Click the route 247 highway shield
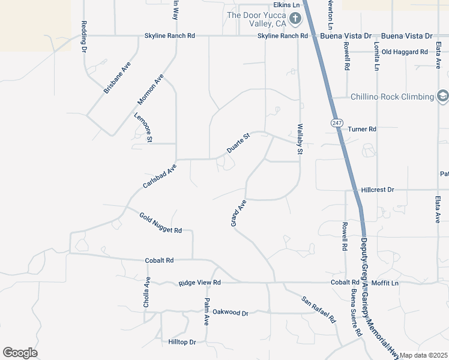(336, 122)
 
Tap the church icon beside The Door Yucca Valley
(295, 19)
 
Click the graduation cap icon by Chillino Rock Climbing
(442, 96)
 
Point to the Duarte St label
(238, 143)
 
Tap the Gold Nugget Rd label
(160, 223)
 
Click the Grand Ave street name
(239, 214)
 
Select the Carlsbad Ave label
(160, 176)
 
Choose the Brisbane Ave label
(117, 78)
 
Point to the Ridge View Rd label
(200, 282)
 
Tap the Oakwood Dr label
(230, 313)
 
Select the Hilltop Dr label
(182, 342)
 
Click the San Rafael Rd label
(318, 309)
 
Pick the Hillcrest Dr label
(378, 190)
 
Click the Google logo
(20, 353)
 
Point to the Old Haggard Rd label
(405, 52)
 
